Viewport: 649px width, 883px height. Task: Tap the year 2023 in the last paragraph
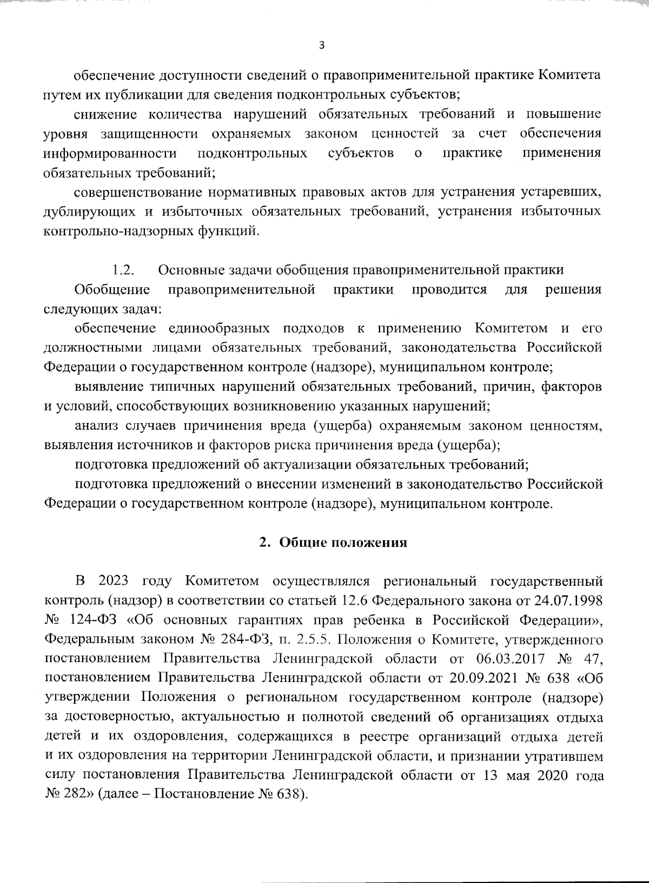coord(114,581)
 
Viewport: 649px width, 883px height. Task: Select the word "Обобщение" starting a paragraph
coord(112,290)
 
